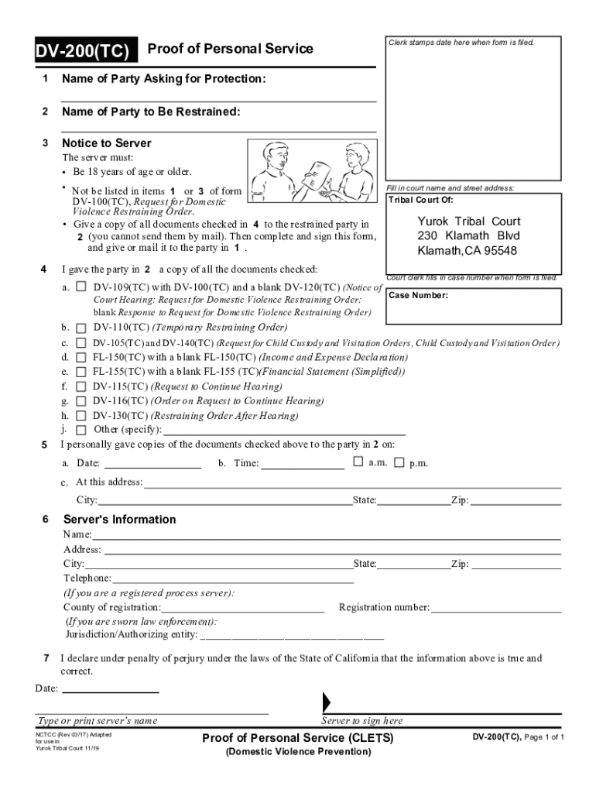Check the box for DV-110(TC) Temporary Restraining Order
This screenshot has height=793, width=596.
point(81,328)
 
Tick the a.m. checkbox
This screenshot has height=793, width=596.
point(358,462)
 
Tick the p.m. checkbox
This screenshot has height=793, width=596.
point(399,463)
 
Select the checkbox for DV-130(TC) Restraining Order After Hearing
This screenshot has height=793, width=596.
point(81,416)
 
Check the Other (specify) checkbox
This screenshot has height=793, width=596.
point(81,430)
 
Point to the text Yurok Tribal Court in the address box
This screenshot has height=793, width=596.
point(469,221)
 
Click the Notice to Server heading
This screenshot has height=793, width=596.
point(106,143)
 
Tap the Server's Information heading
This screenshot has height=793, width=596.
point(119,520)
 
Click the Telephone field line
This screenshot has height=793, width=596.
point(232,578)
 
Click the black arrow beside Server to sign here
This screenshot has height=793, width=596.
point(326,702)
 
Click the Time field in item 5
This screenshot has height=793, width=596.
point(302,463)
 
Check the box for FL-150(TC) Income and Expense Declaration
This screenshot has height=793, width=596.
point(81,357)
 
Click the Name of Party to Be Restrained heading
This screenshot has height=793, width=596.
point(151,112)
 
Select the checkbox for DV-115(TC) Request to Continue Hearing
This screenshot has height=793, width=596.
point(81,386)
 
